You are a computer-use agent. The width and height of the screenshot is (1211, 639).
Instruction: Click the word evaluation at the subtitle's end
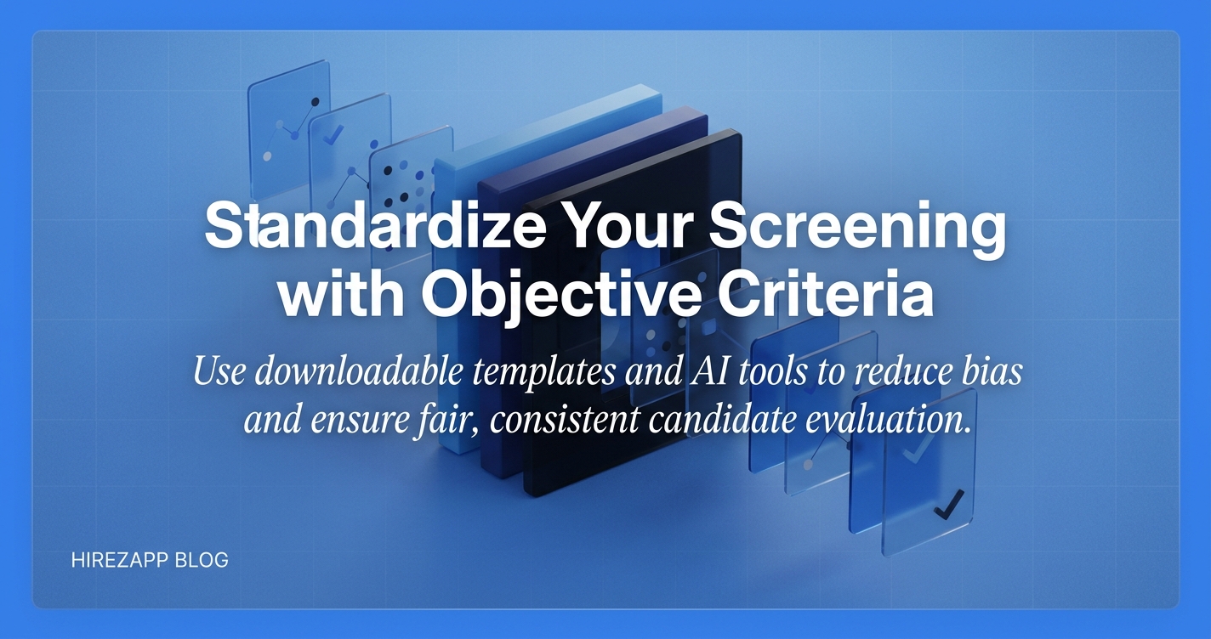pyautogui.click(x=888, y=421)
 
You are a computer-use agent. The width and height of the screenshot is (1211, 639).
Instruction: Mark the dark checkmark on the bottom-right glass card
pyautogui.click(x=949, y=504)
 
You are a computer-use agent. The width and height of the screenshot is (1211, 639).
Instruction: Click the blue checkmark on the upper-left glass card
pyautogui.click(x=333, y=134)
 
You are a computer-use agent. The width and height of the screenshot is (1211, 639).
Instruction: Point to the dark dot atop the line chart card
pyautogui.click(x=316, y=102)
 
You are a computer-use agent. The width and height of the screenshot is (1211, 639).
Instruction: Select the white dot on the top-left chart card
pyautogui.click(x=266, y=156)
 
